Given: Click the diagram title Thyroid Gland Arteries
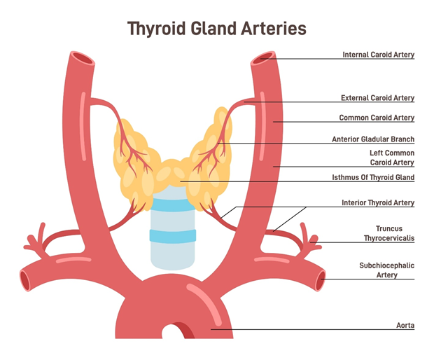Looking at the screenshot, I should click(217, 29).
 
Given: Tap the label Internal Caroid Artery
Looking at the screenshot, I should click(378, 55).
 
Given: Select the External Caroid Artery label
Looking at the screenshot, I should click(377, 98).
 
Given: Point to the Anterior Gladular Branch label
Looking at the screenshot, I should click(373, 139).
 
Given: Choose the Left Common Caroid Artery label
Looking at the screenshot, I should click(392, 158).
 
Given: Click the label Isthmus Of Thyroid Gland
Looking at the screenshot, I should click(373, 178).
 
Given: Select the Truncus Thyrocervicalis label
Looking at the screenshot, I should click(389, 233).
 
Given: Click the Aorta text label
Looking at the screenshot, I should click(405, 326).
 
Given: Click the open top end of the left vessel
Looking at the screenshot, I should click(81, 59).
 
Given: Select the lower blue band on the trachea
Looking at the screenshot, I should click(171, 236).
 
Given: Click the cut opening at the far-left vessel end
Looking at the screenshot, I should click(25, 281).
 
